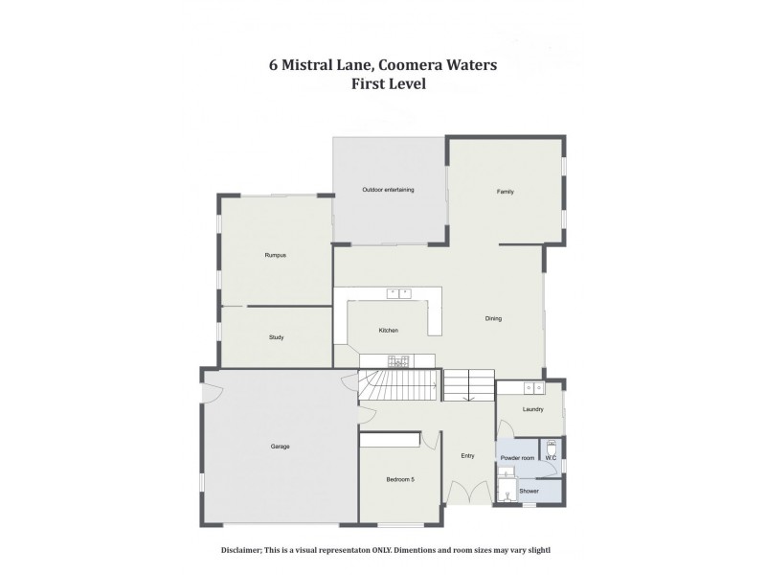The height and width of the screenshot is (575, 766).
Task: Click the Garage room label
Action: tap(280, 447)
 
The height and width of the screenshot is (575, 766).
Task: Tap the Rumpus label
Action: tap(276, 255)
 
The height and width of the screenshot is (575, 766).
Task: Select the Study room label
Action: tap(276, 337)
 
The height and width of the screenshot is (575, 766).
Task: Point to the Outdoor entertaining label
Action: tap(388, 190)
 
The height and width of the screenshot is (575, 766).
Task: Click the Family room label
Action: tap(505, 192)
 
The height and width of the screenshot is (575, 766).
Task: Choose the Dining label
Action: tap(493, 318)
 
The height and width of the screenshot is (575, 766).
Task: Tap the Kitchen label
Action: tap(388, 331)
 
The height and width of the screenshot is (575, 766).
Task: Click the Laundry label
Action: tap(533, 410)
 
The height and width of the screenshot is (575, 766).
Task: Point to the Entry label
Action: tap(467, 456)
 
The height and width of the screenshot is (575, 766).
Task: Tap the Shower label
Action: tap(529, 492)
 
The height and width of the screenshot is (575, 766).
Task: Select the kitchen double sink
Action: tap(398, 293)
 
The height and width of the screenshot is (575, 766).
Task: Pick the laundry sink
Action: tap(534, 388)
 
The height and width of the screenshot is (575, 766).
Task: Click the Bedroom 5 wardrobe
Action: tap(391, 439)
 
